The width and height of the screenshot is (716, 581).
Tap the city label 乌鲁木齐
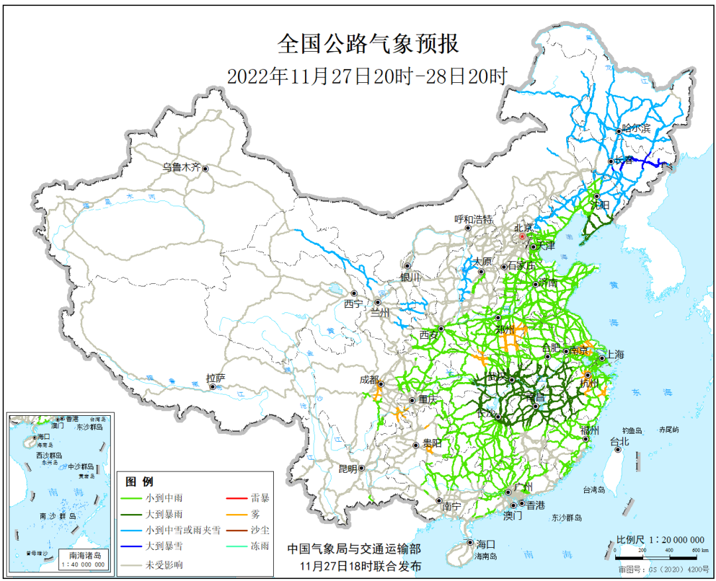[182, 168]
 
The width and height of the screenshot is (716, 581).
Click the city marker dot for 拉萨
[213, 387]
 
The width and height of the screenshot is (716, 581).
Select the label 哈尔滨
[636, 130]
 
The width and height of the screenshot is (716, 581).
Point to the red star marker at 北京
[522, 236]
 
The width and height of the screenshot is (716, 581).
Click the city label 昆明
[347, 468]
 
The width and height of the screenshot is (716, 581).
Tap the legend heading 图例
[139, 482]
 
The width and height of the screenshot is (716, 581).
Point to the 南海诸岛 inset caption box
[84, 559]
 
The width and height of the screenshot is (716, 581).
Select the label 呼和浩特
[473, 220]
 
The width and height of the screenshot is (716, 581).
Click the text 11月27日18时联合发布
[360, 566]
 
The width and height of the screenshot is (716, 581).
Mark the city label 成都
[369, 380]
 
